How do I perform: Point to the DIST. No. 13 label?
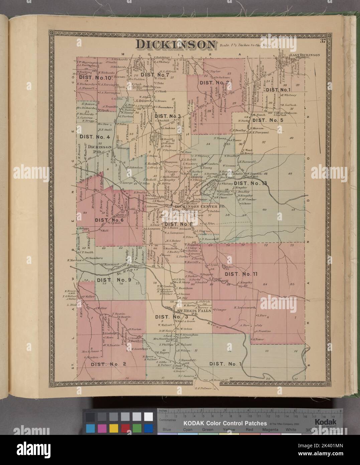(x=251, y=183)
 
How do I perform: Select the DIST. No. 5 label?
(x=267, y=120)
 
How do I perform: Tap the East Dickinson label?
(x=305, y=55)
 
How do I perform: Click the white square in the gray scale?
(x=148, y=417)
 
